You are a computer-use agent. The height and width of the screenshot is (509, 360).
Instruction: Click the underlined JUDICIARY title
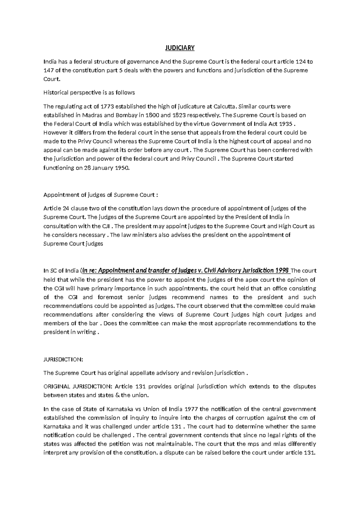[180, 48]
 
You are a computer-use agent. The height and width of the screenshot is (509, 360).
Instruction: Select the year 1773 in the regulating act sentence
[107, 107]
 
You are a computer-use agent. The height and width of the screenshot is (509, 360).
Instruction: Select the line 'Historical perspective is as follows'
[89, 93]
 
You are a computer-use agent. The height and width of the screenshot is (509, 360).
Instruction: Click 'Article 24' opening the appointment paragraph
[53, 209]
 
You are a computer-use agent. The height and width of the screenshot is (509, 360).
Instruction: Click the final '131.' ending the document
[310, 453]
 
